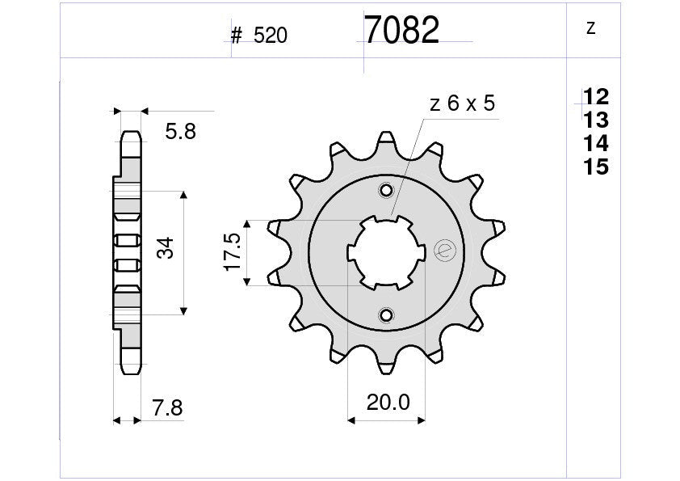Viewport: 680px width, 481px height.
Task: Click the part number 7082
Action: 401,31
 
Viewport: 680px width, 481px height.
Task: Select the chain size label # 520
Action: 259,36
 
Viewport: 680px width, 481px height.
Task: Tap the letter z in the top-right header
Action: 590,28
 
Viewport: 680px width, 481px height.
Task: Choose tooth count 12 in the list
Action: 596,98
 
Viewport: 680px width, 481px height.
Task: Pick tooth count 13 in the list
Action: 596,121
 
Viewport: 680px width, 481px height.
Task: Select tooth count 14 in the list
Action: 596,145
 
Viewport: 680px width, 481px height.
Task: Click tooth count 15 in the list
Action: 596,168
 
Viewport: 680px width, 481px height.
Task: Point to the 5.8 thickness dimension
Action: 179,132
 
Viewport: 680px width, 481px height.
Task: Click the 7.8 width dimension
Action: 167,409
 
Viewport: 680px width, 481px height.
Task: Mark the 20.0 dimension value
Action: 386,402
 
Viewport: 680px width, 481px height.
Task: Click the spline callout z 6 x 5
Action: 462,103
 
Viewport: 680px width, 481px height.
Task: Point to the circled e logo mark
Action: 444,251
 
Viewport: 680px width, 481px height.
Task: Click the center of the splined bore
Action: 386,252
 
